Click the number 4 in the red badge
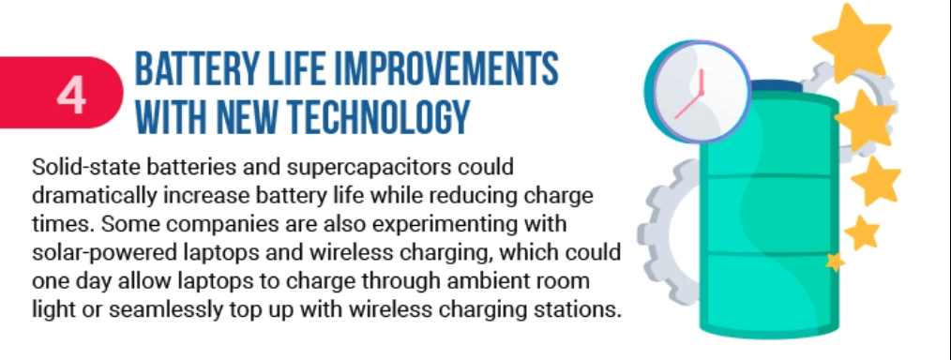(70, 97)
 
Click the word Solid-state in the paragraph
(76, 166)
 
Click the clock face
(702, 94)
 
